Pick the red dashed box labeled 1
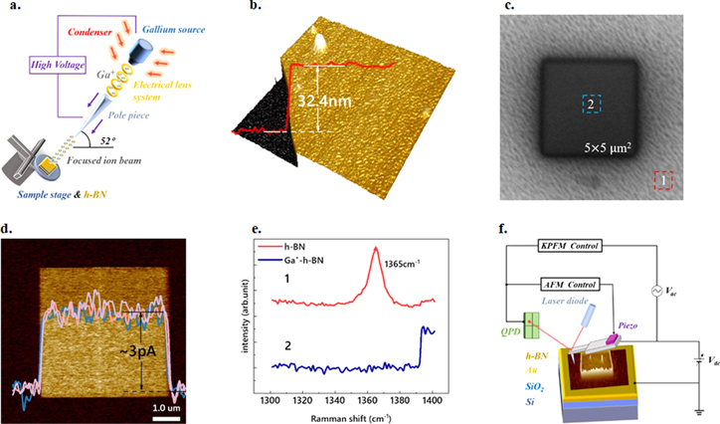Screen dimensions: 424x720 coord(664,180)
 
